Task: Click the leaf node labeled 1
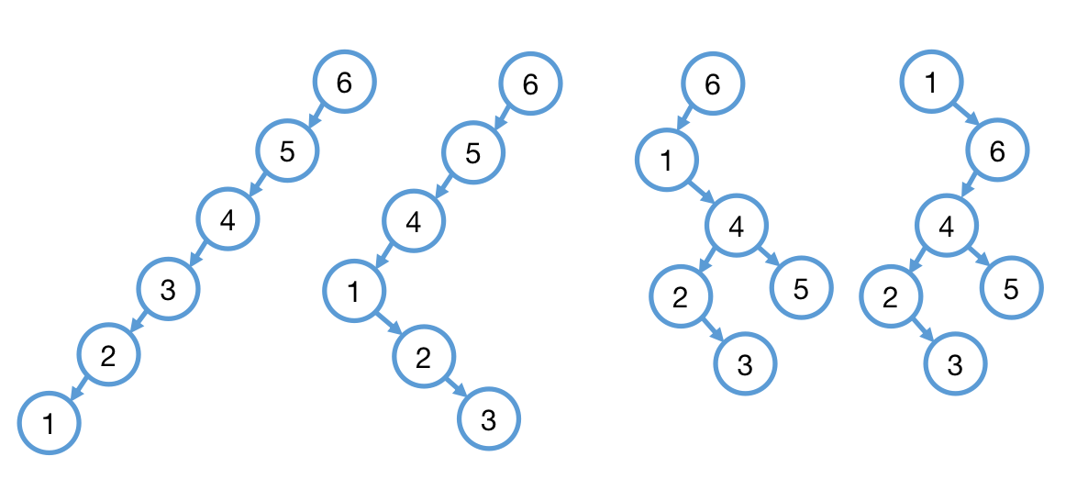click(x=49, y=422)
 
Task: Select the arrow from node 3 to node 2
click(x=139, y=321)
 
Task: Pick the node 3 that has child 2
click(x=168, y=289)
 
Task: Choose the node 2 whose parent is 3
click(x=108, y=355)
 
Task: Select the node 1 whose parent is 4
click(x=354, y=291)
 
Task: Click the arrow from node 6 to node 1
click(x=684, y=120)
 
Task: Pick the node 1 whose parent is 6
click(x=667, y=159)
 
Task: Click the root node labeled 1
click(x=931, y=83)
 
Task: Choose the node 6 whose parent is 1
click(x=998, y=150)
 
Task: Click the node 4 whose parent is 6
click(x=947, y=224)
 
